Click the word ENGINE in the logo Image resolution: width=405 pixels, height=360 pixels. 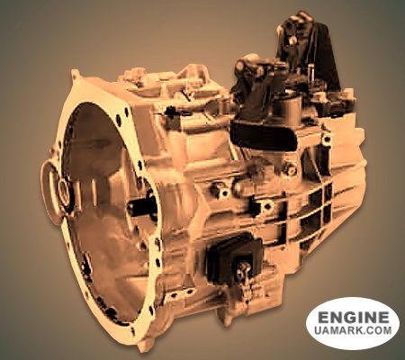point(353,318)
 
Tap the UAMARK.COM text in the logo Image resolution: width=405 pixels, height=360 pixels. point(353,330)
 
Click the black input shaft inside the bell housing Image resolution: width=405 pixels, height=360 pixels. point(142,207)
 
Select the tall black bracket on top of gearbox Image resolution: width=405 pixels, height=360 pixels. point(309,48)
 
